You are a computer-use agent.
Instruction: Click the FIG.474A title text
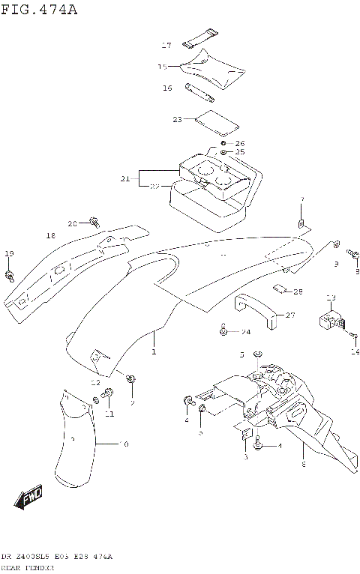(39, 9)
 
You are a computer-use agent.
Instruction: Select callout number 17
(166, 46)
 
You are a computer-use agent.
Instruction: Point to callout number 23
(177, 119)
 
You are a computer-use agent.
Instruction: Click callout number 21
(125, 179)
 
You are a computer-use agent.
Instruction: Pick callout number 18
(50, 235)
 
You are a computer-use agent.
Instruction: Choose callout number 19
(9, 254)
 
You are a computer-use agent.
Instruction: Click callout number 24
(245, 330)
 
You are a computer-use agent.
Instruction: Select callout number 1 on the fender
(154, 351)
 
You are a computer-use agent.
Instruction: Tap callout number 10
(124, 444)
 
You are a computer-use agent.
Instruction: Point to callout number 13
(331, 299)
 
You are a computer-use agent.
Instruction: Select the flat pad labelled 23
(216, 119)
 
